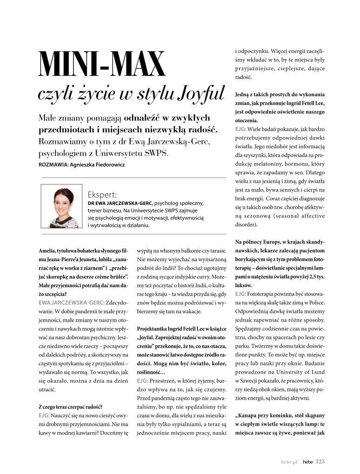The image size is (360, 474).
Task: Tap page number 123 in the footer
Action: pyautogui.click(x=320, y=461)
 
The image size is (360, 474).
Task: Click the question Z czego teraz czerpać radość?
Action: pyautogui.click(x=71, y=407)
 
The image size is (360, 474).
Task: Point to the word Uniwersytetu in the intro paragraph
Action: pyautogui.click(x=130, y=153)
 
